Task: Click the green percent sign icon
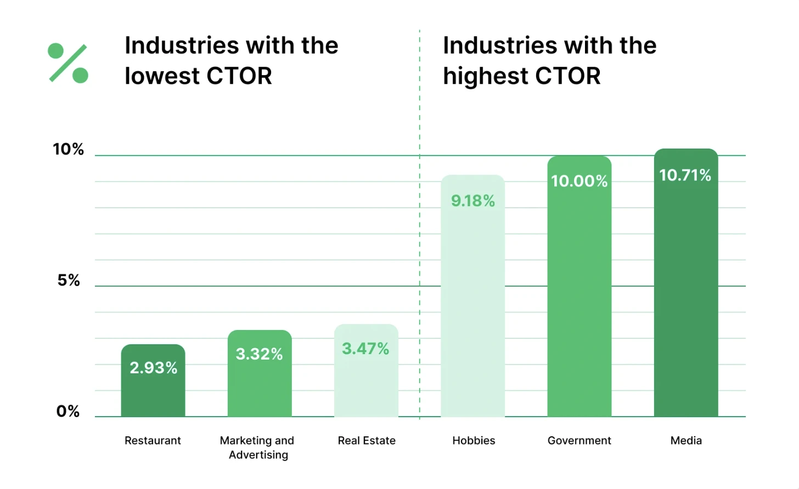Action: tap(68, 63)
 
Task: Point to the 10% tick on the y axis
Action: tap(68, 149)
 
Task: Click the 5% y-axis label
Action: tap(69, 281)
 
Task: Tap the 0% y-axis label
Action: tap(68, 411)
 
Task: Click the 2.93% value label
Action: tap(153, 367)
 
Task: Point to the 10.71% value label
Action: tap(685, 175)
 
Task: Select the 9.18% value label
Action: tap(473, 201)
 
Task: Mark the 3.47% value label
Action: tap(365, 349)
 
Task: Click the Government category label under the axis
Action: tap(579, 440)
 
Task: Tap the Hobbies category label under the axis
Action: tap(474, 440)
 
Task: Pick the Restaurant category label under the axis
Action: tap(153, 440)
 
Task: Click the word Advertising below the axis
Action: tap(258, 455)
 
